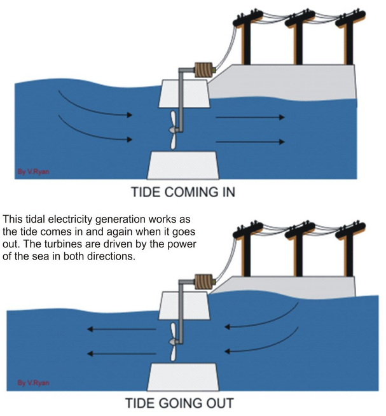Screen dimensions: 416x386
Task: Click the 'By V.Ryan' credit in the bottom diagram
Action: [29, 382]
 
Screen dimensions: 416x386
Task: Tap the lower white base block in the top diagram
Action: [182, 165]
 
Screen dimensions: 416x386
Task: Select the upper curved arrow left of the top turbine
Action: [95, 105]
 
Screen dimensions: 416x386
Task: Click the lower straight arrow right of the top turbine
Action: [249, 141]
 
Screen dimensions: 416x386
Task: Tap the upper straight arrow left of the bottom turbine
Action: [122, 329]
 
